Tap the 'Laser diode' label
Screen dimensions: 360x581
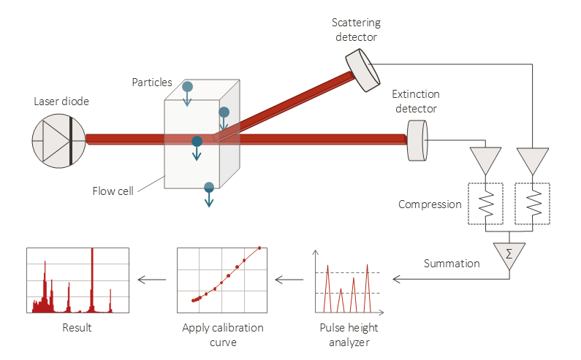pos(61,102)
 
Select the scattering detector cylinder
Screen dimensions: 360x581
pos(362,69)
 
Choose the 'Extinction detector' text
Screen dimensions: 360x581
pos(414,102)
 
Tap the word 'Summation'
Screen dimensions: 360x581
pos(452,263)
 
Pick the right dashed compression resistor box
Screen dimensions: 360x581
pos(533,204)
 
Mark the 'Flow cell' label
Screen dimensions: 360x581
pos(113,191)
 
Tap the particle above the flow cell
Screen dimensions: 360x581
pos(187,87)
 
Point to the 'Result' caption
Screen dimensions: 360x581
pos(77,328)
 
